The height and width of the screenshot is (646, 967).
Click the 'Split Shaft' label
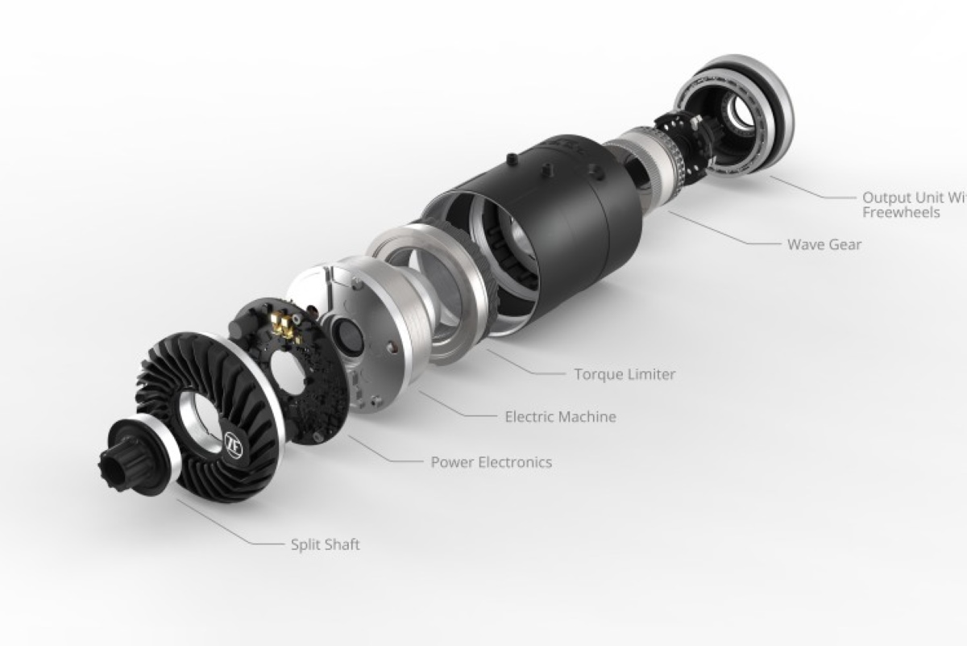coord(325,544)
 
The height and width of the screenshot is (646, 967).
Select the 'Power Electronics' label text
coord(491,462)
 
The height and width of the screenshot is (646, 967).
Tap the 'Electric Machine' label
coord(560,417)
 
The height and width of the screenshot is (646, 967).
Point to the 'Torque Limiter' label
coord(625,374)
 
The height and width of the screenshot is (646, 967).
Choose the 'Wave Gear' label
coord(824,244)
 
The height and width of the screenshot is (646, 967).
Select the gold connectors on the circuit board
coord(283,323)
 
